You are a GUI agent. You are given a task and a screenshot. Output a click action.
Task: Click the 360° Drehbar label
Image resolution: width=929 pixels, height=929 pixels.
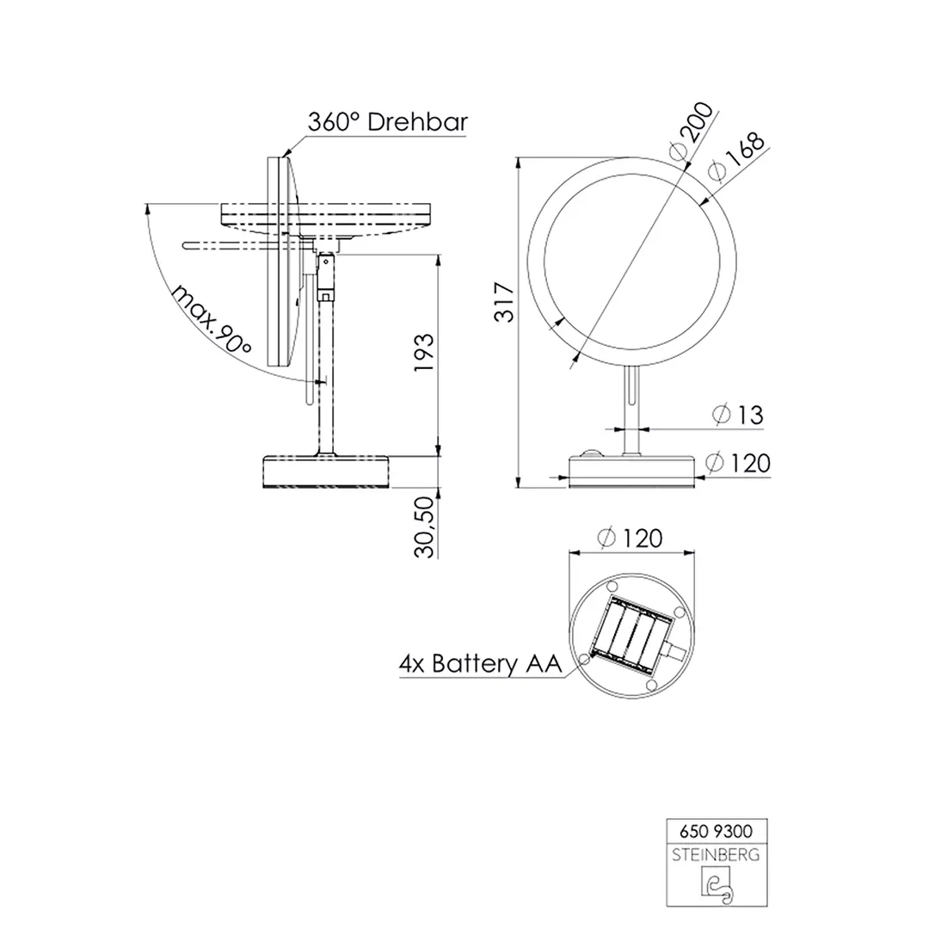tap(387, 122)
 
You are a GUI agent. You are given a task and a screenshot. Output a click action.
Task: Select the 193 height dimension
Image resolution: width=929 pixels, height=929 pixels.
tap(424, 354)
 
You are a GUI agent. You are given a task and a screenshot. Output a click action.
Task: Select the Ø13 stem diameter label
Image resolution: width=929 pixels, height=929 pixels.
tap(739, 415)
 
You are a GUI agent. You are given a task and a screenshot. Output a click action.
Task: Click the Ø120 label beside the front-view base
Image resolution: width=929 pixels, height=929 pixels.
tap(738, 464)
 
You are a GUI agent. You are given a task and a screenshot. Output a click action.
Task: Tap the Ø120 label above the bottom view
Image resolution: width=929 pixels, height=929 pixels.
tap(631, 539)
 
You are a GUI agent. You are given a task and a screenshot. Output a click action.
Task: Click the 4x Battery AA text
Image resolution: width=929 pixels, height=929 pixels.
tap(479, 664)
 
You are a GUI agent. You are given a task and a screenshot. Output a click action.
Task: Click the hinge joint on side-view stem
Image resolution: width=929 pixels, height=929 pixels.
tap(326, 275)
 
